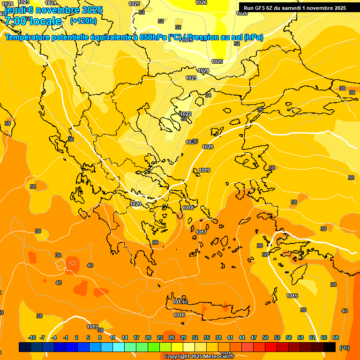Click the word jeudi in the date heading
pos(15,10)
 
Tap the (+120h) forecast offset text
pos(83,21)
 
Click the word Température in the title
pos(29,37)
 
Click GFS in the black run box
pos(261,7)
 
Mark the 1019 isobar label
pos(204,170)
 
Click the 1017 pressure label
pos(201,232)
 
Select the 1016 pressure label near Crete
pos(179,315)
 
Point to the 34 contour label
pos(208,95)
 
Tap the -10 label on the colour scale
pos(32,337)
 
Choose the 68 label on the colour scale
pos(336,337)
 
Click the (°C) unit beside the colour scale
pos(344,347)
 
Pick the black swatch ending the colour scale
pos(330,347)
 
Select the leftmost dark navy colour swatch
pos(25,347)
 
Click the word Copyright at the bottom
pos(176,357)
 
